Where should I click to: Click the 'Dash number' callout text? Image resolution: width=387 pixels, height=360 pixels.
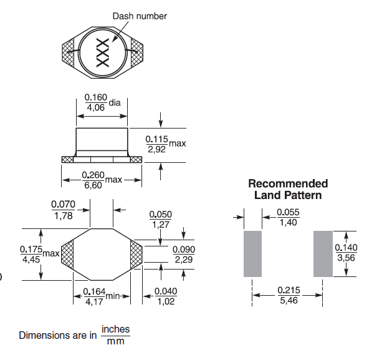pyautogui.click(x=140, y=16)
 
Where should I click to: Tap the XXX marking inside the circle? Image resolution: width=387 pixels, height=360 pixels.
pyautogui.click(x=103, y=52)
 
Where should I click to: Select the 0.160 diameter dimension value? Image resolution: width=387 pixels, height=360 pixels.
pyautogui.click(x=96, y=97)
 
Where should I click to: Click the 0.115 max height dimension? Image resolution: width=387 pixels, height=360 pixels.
pyautogui.click(x=156, y=139)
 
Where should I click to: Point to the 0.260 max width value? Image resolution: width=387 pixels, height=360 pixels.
pyautogui.click(x=93, y=175)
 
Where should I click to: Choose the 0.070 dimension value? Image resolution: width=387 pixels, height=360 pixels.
pyautogui.click(x=63, y=205)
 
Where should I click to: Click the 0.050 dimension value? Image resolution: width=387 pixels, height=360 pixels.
pyautogui.click(x=160, y=214)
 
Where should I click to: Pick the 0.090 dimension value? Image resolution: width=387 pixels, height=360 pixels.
pyautogui.click(x=184, y=250)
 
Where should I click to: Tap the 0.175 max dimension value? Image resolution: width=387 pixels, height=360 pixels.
pyautogui.click(x=31, y=250)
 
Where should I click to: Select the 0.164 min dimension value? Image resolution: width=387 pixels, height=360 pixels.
pyautogui.click(x=94, y=292)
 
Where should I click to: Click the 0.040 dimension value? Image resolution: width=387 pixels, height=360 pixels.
pyautogui.click(x=166, y=291)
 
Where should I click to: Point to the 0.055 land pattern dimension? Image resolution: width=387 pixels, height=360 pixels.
pyautogui.click(x=288, y=212)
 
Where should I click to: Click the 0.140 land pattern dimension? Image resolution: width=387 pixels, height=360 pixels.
pyautogui.click(x=346, y=248)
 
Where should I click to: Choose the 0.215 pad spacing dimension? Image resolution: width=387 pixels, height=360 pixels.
pyautogui.click(x=289, y=290)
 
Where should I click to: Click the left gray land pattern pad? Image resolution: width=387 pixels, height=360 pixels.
pyautogui.click(x=252, y=254)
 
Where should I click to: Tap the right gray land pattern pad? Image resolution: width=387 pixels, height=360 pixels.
pyautogui.click(x=323, y=254)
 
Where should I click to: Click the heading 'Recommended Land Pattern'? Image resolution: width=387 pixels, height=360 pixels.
pyautogui.click(x=288, y=189)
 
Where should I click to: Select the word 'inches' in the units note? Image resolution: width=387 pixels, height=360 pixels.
pyautogui.click(x=115, y=329)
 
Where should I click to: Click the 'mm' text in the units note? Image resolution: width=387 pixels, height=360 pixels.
pyautogui.click(x=115, y=341)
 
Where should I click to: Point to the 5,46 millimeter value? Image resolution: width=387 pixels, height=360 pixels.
pyautogui.click(x=289, y=301)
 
